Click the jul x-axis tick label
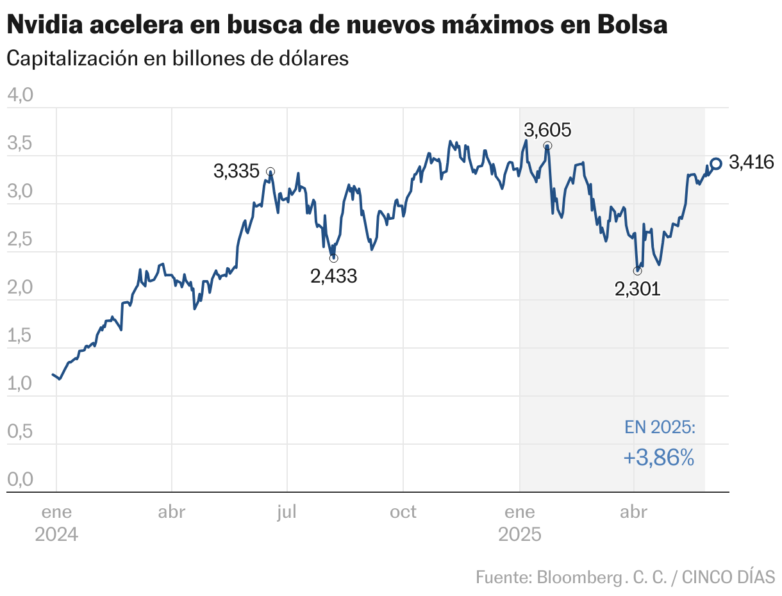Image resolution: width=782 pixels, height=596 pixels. click(x=287, y=512)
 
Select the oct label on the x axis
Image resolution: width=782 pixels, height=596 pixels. click(x=403, y=512)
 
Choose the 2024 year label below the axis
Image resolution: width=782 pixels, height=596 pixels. click(x=56, y=534)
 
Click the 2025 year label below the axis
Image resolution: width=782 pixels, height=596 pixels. click(x=520, y=534)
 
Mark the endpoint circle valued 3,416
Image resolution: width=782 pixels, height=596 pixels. click(x=716, y=164)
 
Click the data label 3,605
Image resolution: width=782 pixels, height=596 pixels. click(x=547, y=130)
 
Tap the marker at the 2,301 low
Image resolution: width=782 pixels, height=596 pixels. click(x=637, y=270)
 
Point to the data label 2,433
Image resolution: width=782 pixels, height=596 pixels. click(x=333, y=276)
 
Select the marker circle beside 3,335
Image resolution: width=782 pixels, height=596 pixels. click(x=270, y=172)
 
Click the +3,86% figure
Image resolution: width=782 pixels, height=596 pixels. click(x=658, y=458)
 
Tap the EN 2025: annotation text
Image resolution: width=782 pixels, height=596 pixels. click(x=660, y=427)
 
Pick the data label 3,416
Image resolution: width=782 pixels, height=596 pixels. click(x=751, y=163)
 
